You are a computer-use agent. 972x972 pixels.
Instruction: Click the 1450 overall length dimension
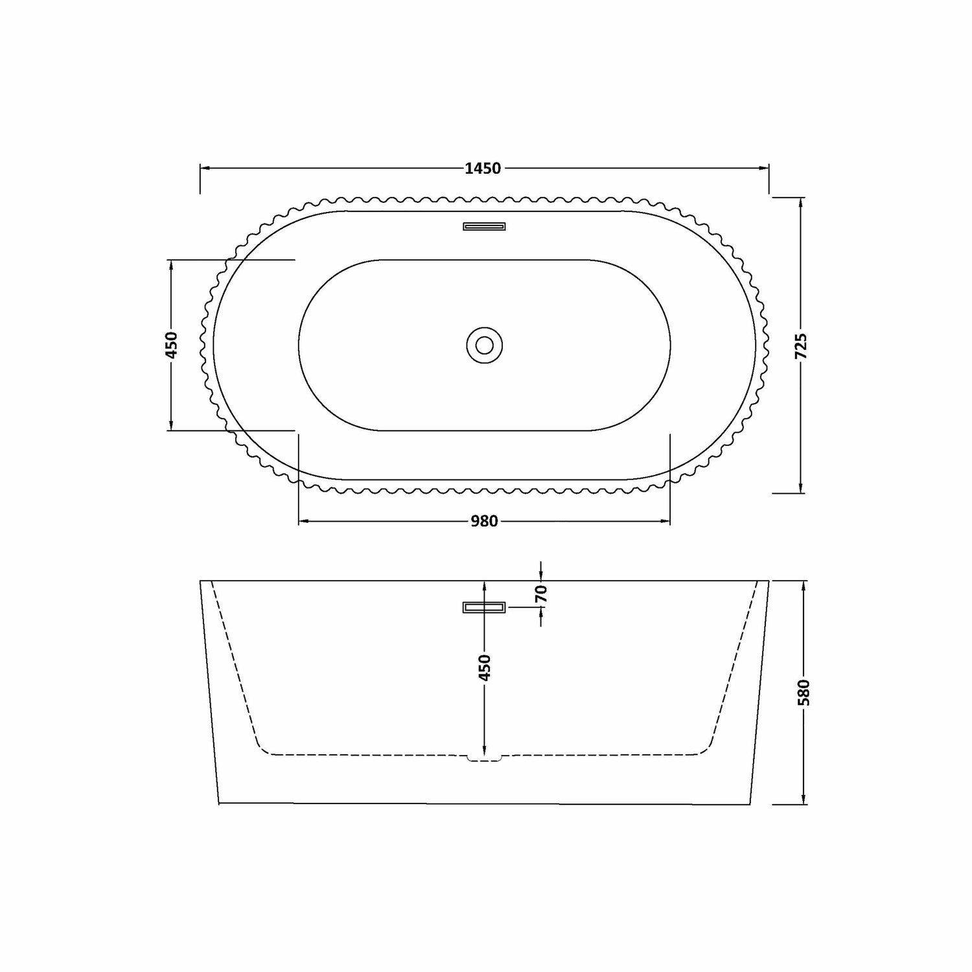483,168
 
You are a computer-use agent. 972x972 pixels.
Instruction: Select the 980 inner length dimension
484,521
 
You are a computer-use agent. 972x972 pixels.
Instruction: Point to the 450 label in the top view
171,345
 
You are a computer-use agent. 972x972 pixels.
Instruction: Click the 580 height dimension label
804,692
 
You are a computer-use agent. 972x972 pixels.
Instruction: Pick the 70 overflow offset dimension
542,594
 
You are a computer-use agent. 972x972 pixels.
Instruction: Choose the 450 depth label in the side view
485,667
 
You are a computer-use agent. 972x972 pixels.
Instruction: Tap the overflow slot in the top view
484,226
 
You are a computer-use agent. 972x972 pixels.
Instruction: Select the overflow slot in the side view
484,607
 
